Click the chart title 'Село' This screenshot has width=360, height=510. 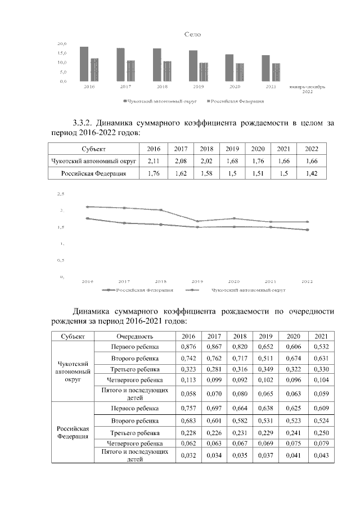point(193,34)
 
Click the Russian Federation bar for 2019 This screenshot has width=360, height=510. point(204,71)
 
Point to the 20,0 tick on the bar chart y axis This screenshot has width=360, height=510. point(62,43)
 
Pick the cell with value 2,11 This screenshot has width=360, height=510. point(154,161)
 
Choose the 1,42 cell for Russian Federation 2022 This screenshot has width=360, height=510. point(311,174)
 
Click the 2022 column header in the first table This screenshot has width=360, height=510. point(311,149)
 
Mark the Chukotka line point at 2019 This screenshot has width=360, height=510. point(197,221)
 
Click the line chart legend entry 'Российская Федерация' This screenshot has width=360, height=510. point(141,290)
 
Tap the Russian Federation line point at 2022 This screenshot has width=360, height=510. point(308,230)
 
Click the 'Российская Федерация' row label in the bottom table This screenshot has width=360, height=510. point(73,432)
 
